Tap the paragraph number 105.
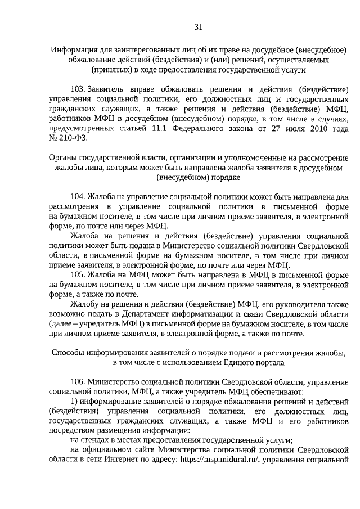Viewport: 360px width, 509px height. pos(77,274)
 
